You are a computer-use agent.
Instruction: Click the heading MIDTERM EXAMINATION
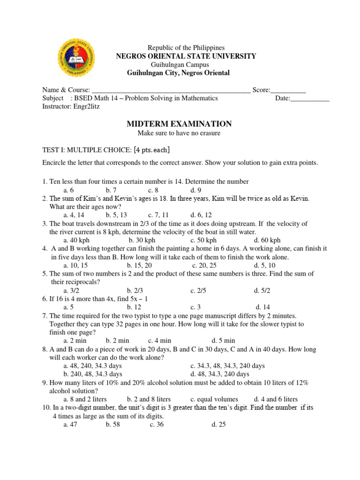coord(180,124)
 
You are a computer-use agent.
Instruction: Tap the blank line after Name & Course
coord(171,90)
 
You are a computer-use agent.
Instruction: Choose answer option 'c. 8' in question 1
coord(155,190)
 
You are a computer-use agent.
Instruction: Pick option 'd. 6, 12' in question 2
coord(203,216)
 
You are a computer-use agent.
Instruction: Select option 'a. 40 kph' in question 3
coord(76,240)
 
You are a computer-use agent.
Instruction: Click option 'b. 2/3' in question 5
coord(136,291)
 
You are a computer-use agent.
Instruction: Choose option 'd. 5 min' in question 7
coord(223,340)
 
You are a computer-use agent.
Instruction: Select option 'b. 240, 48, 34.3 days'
coord(93,374)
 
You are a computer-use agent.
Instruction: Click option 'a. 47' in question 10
coord(70,425)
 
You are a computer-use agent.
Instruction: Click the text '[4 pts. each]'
coord(151,150)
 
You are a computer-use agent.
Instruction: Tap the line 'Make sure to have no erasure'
coord(179,133)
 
